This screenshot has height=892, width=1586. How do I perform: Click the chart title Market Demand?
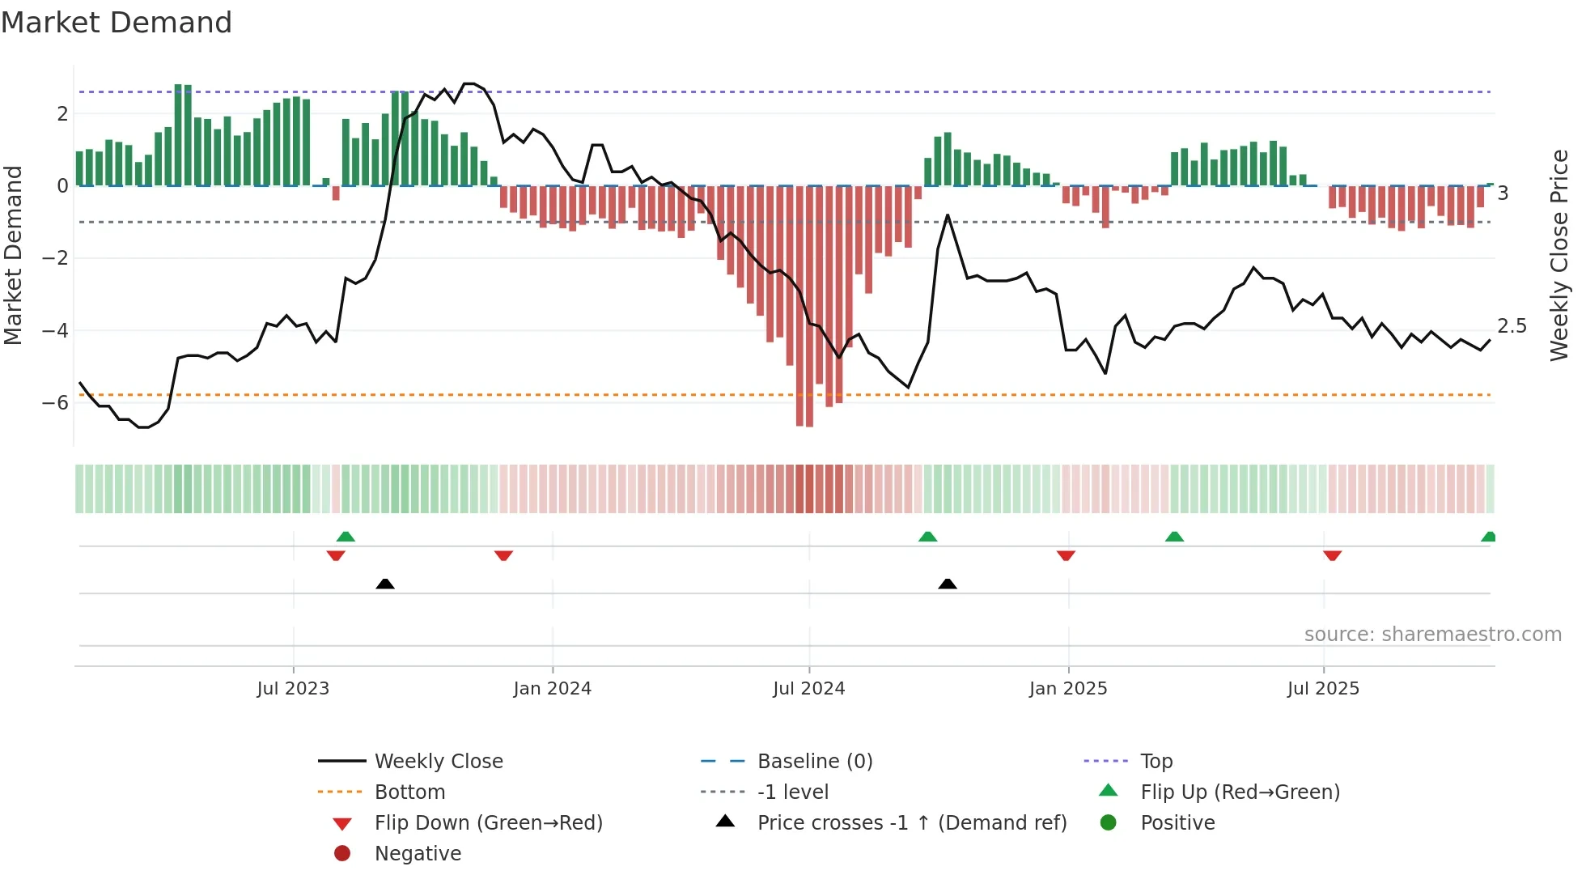coord(117,23)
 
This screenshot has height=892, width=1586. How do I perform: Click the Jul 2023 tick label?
coord(293,689)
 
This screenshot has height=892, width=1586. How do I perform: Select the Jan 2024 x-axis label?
coord(552,689)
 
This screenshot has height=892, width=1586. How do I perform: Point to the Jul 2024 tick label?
coord(808,689)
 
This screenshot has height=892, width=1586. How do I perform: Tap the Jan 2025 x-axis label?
coord(1067,689)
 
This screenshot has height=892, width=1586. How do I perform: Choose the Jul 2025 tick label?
coord(1323,689)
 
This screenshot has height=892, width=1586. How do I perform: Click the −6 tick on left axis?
coord(55,403)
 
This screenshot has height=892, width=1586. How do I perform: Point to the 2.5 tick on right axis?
coord(1511,326)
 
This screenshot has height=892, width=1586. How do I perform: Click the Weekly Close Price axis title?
coord(1558,255)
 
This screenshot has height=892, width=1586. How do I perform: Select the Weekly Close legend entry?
coord(438,762)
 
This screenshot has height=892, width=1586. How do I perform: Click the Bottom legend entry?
coord(409,792)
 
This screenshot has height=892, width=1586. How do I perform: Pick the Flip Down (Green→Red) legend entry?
coord(488,823)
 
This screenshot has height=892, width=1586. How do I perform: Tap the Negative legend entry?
coord(418,854)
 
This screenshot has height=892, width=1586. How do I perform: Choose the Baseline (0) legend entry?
coord(814,762)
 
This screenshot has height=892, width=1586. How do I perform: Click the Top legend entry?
coord(1156,762)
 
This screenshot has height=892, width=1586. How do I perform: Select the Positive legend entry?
coord(1177,823)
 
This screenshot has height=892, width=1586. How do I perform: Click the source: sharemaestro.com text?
coord(1432,635)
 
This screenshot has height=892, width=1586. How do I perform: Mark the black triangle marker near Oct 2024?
coord(947,584)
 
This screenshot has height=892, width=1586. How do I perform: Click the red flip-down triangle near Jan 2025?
coord(1065,555)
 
